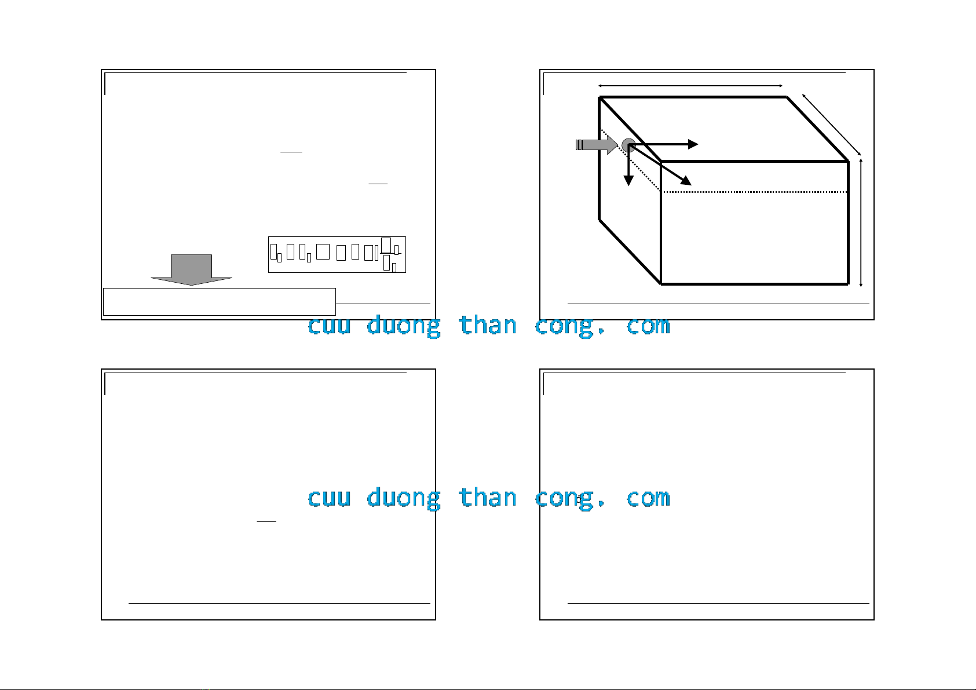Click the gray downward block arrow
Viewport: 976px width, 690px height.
(x=192, y=269)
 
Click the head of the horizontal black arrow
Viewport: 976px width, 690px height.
(x=693, y=144)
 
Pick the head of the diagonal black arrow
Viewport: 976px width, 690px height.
(x=686, y=181)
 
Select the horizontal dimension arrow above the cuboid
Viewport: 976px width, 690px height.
(x=690, y=86)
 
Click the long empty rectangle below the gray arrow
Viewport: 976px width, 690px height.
(x=219, y=301)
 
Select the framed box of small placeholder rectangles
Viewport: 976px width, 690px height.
(x=337, y=254)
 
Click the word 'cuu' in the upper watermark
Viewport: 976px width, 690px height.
(x=329, y=326)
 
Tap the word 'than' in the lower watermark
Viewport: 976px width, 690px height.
(x=487, y=498)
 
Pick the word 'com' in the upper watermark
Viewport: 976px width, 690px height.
(x=648, y=326)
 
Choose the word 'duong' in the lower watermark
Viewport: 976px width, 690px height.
(x=403, y=499)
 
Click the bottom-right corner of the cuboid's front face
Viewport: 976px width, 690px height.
(x=848, y=284)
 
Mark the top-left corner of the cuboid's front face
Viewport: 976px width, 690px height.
(x=661, y=162)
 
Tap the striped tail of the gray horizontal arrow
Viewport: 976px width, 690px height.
(x=579, y=145)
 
